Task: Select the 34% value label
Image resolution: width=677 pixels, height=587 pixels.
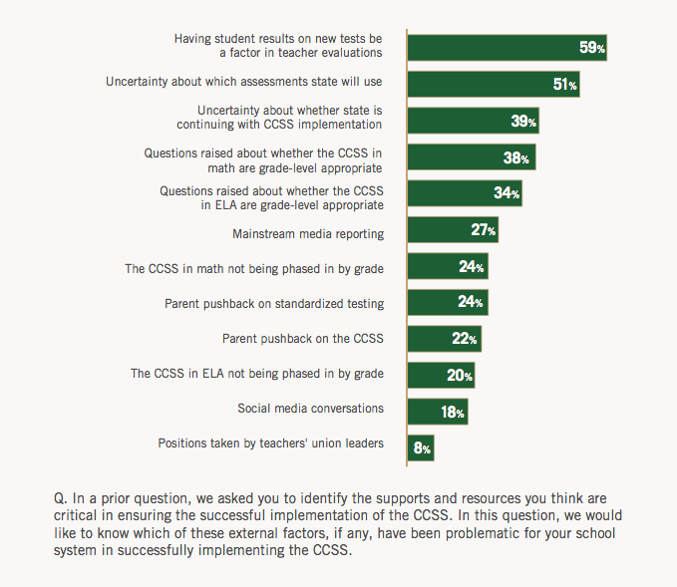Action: coord(508,193)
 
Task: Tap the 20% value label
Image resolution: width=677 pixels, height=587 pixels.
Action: coord(460,376)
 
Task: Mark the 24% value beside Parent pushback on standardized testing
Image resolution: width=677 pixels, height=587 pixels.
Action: coord(472,303)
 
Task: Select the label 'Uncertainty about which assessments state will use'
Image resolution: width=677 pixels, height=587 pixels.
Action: coord(244,81)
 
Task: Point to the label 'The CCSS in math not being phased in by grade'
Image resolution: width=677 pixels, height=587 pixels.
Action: coord(253,269)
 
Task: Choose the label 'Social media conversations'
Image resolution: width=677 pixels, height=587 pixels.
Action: coord(310,408)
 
